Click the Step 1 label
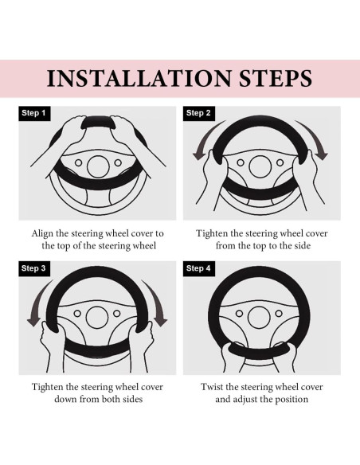pos(34,113)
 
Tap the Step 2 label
pos(198,113)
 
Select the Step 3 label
pos(34,268)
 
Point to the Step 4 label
pos(198,268)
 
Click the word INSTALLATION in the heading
pos(139,79)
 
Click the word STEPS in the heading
pos(276,79)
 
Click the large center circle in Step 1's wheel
pos(98,166)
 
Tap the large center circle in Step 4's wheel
pos(260,318)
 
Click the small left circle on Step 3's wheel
pos(77,314)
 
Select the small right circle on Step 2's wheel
pos(280,162)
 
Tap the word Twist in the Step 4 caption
pos(212,387)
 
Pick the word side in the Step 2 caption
pos(303,246)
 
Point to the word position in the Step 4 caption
pos(292,400)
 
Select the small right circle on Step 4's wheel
pos(279,314)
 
